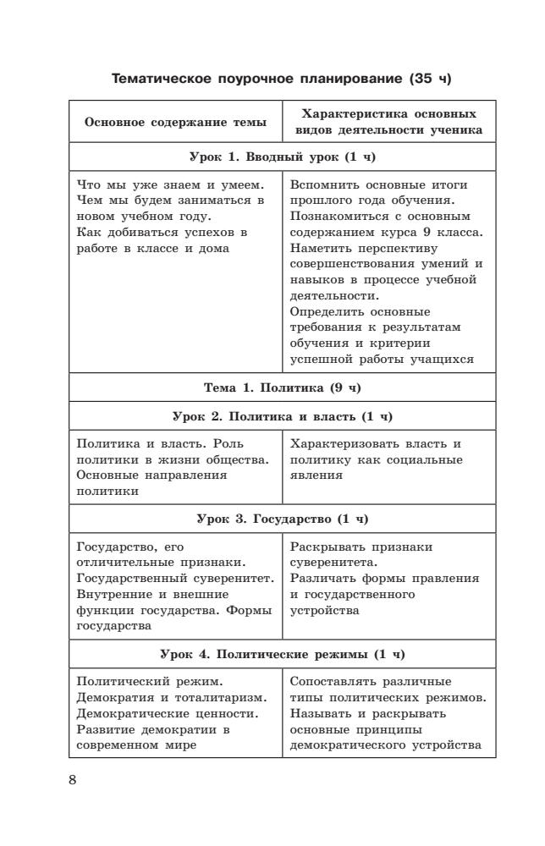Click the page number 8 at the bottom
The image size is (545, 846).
pos(73,779)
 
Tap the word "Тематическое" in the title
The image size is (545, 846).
pos(157,80)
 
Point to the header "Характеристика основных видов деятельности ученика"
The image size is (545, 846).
pos(388,122)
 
